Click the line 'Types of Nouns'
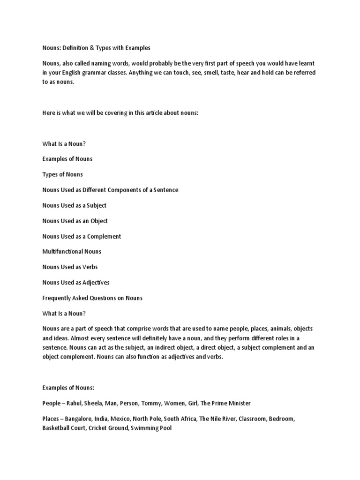tap(62, 174)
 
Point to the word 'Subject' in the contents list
tap(96, 205)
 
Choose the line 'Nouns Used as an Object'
tap(75, 221)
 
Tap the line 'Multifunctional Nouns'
tap(72, 252)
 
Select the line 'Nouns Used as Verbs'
tap(70, 267)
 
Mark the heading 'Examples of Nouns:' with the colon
tap(68, 388)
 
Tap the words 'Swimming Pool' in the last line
tap(151, 428)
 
